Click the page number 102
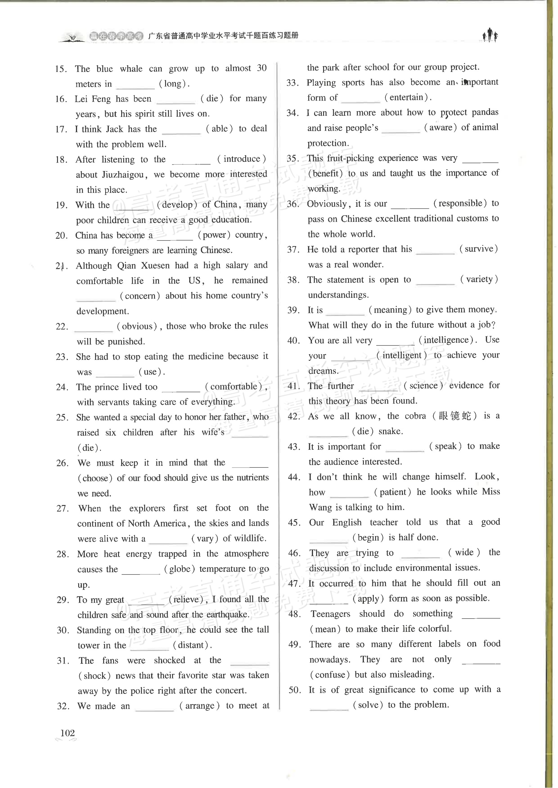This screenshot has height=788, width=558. [x=67, y=733]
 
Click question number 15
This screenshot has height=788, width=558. [x=61, y=69]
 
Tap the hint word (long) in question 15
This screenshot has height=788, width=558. [x=174, y=83]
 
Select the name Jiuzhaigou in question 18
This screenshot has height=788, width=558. [x=123, y=175]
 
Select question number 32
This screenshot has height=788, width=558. [x=63, y=706]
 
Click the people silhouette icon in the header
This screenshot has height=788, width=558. [x=490, y=35]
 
